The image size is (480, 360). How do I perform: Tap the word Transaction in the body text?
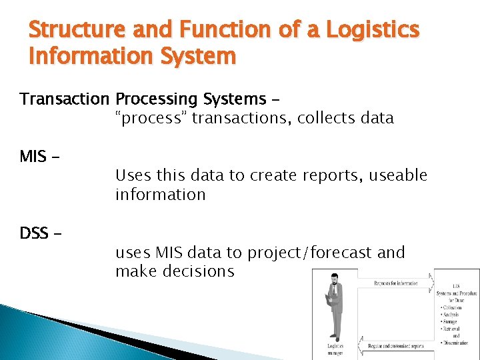[64, 99]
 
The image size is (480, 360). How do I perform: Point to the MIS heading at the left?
[33, 157]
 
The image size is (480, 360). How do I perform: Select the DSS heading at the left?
[34, 233]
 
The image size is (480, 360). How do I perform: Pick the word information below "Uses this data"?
[160, 195]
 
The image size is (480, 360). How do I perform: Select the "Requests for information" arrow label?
[396, 283]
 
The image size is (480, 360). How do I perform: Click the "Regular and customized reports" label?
[397, 346]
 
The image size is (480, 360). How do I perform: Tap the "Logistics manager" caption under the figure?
[336, 349]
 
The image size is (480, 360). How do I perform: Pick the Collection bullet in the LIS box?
[454, 307]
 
